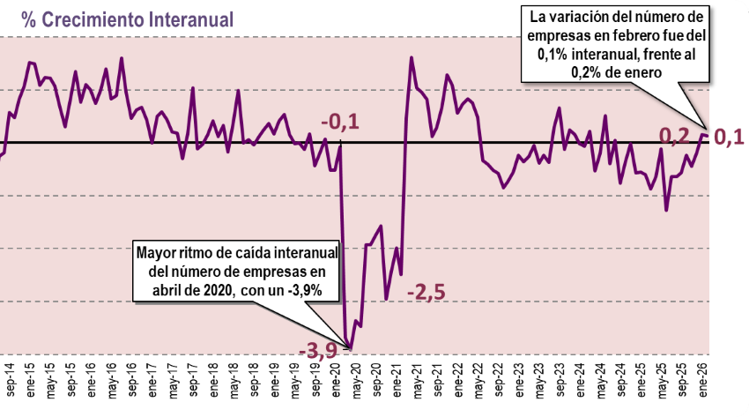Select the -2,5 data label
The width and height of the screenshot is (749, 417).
click(x=426, y=292)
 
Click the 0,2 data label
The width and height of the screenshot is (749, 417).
click(x=674, y=136)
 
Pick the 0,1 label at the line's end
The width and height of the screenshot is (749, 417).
click(x=728, y=137)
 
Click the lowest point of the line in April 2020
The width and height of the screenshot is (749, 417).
click(x=351, y=347)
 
